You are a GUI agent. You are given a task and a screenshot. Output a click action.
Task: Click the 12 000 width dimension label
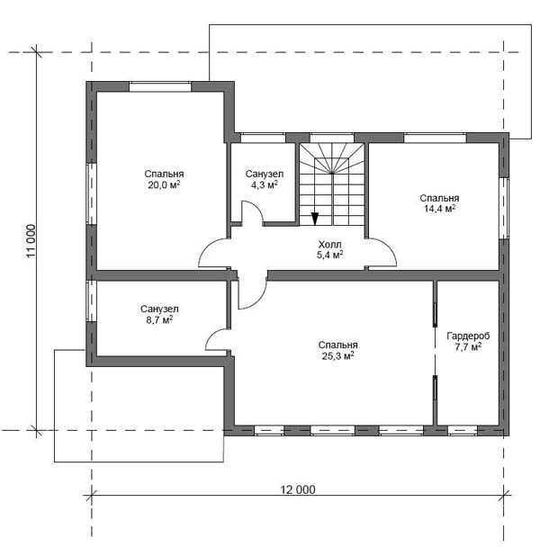pos(298,489)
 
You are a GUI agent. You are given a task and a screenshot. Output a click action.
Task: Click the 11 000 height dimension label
pos(31,241)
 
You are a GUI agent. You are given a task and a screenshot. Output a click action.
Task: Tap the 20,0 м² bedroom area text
pos(164,184)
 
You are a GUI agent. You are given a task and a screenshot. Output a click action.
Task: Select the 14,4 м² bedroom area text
pos(439,209)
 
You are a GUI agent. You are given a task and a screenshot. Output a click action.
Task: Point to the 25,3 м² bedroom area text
pos(337,355)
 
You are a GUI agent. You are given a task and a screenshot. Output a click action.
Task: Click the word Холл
pos(329,245)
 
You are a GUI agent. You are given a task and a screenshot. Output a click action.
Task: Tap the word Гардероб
pos(468,336)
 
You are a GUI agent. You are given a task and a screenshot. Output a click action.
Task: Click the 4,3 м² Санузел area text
pos(265,184)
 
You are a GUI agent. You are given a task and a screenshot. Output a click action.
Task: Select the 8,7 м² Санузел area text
pos(159,320)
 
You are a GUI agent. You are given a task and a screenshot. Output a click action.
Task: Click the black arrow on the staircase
pos(314,218)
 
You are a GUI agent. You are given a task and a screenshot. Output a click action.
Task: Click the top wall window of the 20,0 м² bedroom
pos(160,87)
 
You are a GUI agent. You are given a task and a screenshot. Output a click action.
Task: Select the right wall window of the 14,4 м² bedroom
pos(504,208)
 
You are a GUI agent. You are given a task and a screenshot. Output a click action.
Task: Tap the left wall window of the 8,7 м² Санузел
pos(92,301)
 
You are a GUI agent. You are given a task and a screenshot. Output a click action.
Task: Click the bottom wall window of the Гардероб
pos(463,430)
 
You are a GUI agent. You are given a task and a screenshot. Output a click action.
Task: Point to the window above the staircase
pos(332,138)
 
